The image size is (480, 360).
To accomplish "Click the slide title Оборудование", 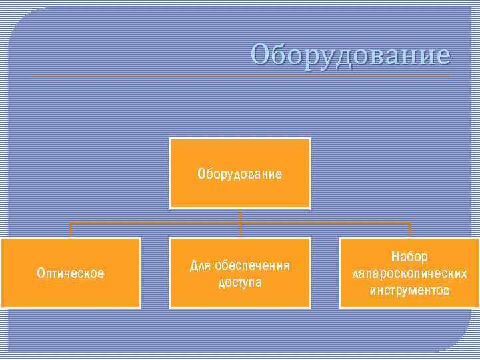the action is tap(351, 54).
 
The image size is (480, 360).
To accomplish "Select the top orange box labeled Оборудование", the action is tap(239, 173).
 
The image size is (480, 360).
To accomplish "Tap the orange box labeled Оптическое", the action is tap(71, 273).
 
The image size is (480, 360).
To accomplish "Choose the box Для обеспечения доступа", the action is tap(239, 273).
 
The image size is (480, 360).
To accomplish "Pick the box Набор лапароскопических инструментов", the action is tap(409, 273).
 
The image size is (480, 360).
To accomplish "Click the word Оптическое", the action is tap(71, 273).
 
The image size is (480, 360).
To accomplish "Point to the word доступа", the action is tap(240, 283).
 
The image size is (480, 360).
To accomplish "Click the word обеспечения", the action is tap(252, 266).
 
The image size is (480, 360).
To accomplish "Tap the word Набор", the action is tap(409, 257).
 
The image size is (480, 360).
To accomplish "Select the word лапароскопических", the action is tap(409, 273).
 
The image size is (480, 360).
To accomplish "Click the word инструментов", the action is tap(409, 291).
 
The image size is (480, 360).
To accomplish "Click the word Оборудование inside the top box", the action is tap(239, 175).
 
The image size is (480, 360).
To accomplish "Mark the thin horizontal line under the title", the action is tap(240, 75).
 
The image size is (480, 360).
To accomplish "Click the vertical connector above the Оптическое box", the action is tap(70, 229).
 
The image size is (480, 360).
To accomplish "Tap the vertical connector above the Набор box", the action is tap(409, 229).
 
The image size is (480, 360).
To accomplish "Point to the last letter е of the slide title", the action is tap(443, 55).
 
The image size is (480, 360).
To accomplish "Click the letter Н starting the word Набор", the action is tap(395, 257).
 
